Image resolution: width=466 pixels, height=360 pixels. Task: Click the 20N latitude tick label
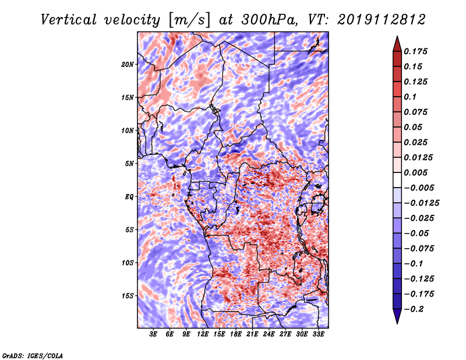[128, 65]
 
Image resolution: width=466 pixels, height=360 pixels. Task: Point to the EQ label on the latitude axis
[129, 197]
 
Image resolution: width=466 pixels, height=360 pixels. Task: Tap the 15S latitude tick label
[128, 296]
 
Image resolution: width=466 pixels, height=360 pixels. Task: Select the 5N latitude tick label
[129, 164]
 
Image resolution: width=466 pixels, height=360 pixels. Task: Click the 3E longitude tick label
[153, 334]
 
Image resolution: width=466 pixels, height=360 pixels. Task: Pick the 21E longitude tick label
[252, 334]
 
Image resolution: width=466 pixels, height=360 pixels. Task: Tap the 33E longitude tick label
[318, 334]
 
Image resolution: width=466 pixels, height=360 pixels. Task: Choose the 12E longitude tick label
[203, 334]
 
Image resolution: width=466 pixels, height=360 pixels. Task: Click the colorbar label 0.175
[415, 51]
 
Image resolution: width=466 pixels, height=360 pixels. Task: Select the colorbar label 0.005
[415, 172]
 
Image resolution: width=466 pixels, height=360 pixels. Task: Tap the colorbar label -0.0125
[422, 203]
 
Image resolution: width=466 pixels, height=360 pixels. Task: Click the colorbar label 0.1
[410, 97]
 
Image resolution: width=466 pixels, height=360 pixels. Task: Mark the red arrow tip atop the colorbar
[397, 36]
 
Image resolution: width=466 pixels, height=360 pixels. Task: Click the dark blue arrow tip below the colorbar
[397, 323]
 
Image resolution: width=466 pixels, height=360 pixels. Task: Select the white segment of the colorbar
[397, 180]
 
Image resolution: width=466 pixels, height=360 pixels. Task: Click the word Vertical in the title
[69, 20]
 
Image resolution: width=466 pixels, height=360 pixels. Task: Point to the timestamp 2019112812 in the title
[382, 20]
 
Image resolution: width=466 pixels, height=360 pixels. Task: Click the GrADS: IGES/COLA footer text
[33, 355]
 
